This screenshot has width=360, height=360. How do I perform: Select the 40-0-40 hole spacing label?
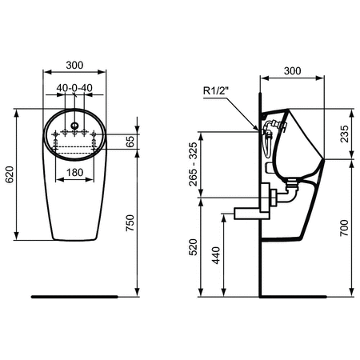coord(74,87)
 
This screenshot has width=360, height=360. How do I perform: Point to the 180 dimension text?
coord(74,173)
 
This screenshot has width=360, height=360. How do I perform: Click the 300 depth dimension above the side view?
coord(293,70)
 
